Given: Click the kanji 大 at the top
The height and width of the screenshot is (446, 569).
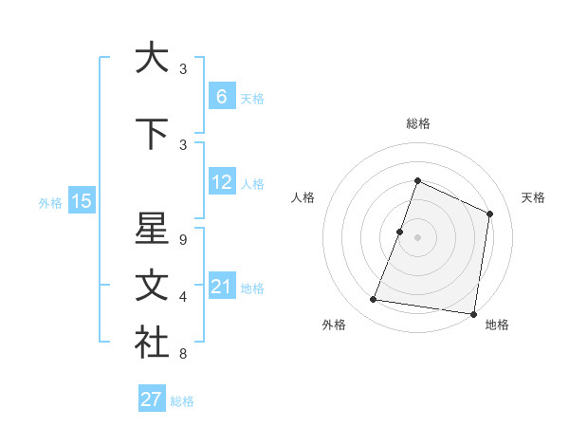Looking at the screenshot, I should click(x=152, y=57).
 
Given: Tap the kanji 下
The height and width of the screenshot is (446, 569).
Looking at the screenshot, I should click(x=152, y=133).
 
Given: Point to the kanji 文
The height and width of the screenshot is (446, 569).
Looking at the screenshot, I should click(x=152, y=288).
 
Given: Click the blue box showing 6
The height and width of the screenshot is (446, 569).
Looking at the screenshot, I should click(x=222, y=97).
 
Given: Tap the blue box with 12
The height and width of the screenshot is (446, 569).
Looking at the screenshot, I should click(x=222, y=182).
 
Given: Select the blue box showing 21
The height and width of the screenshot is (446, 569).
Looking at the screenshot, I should click(x=222, y=287).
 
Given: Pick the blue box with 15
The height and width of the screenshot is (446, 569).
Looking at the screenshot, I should click(x=81, y=201).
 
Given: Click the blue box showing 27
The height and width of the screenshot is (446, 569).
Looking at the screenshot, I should click(x=152, y=400).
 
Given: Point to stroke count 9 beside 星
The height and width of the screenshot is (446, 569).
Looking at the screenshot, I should click(x=183, y=239).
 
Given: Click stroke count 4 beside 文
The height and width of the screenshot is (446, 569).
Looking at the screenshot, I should click(x=183, y=296).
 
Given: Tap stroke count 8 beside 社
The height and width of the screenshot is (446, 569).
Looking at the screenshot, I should click(x=183, y=354).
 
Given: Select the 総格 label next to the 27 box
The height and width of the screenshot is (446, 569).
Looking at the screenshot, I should click(x=182, y=401).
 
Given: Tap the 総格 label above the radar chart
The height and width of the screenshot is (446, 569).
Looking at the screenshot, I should click(x=417, y=123).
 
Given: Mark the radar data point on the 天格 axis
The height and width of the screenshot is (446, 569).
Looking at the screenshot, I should click(x=489, y=214).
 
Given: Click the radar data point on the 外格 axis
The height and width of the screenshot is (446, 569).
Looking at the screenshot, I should click(x=374, y=300).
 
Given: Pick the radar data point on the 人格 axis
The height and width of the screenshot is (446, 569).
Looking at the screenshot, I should click(x=400, y=232).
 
